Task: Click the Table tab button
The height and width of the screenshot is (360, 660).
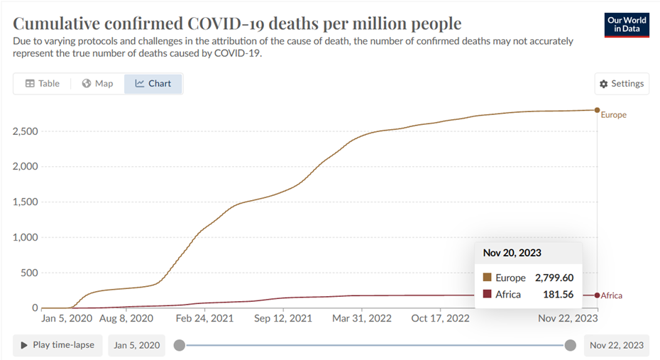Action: tap(43, 84)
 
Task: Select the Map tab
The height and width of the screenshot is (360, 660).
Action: tap(98, 84)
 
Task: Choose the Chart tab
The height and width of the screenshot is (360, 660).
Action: tap(153, 84)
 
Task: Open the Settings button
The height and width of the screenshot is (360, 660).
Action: tap(622, 84)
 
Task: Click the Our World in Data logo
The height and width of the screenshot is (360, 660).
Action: tap(627, 24)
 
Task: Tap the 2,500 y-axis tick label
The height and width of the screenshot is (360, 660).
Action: tap(26, 131)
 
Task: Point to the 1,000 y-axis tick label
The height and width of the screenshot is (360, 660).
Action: tap(26, 237)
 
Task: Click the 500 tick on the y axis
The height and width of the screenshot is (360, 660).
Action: tap(30, 273)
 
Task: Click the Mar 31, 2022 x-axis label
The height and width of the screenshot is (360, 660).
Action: tap(362, 319)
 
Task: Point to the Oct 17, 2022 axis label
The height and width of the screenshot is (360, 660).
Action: tap(441, 319)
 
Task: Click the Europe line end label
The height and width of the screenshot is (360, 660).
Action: tap(614, 115)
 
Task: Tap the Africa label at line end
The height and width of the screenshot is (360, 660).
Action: tap(611, 295)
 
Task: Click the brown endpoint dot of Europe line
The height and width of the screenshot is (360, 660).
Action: tap(598, 110)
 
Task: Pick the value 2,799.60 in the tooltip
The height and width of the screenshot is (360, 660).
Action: tap(554, 278)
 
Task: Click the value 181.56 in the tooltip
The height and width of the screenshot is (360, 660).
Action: tap(559, 294)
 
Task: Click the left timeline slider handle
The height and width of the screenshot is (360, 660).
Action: tap(180, 345)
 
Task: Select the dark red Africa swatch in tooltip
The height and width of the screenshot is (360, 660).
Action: tap(487, 294)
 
